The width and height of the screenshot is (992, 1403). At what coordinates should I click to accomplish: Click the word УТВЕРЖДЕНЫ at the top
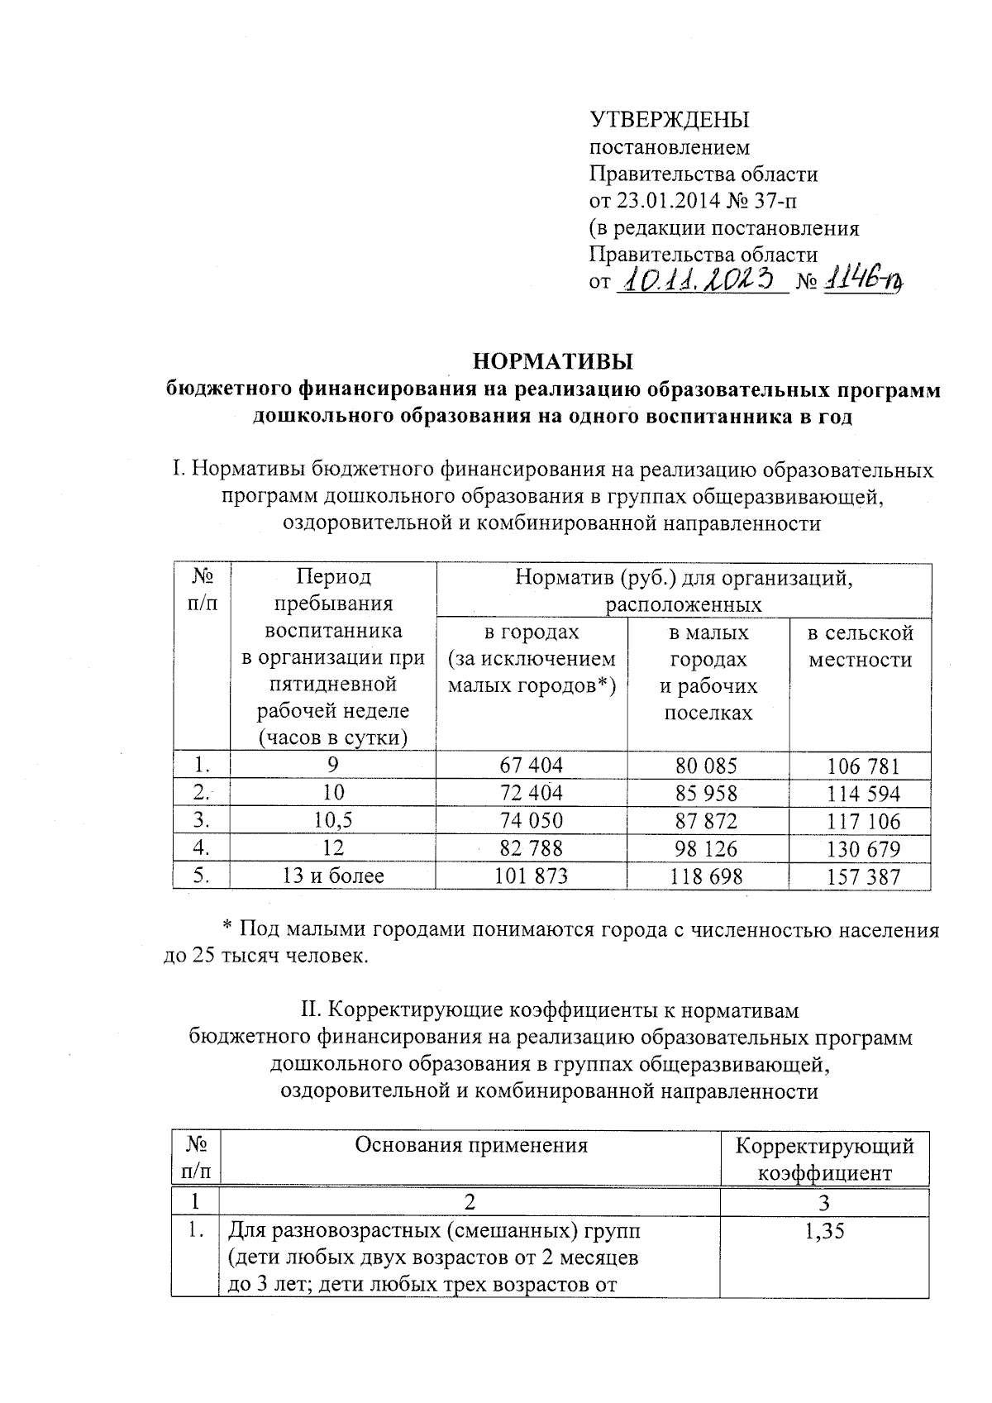click(x=669, y=120)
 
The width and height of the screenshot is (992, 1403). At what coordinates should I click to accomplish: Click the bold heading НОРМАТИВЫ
click(x=552, y=362)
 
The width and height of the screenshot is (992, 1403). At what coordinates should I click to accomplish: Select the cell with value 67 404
click(x=531, y=766)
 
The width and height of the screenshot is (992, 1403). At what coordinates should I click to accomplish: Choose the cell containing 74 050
click(x=531, y=821)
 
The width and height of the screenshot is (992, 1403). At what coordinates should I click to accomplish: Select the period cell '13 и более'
click(x=333, y=876)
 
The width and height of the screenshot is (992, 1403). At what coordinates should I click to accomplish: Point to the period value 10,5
click(x=333, y=821)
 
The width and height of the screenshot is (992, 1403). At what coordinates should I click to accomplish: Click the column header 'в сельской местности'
click(x=861, y=647)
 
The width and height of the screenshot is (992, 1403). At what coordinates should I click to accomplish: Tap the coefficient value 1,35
click(x=824, y=1232)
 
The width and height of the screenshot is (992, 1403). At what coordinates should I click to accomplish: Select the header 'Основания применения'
click(x=471, y=1145)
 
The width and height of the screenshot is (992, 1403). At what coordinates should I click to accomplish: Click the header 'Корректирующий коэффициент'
click(x=825, y=1159)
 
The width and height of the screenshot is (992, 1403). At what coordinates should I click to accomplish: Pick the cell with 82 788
click(x=531, y=849)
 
